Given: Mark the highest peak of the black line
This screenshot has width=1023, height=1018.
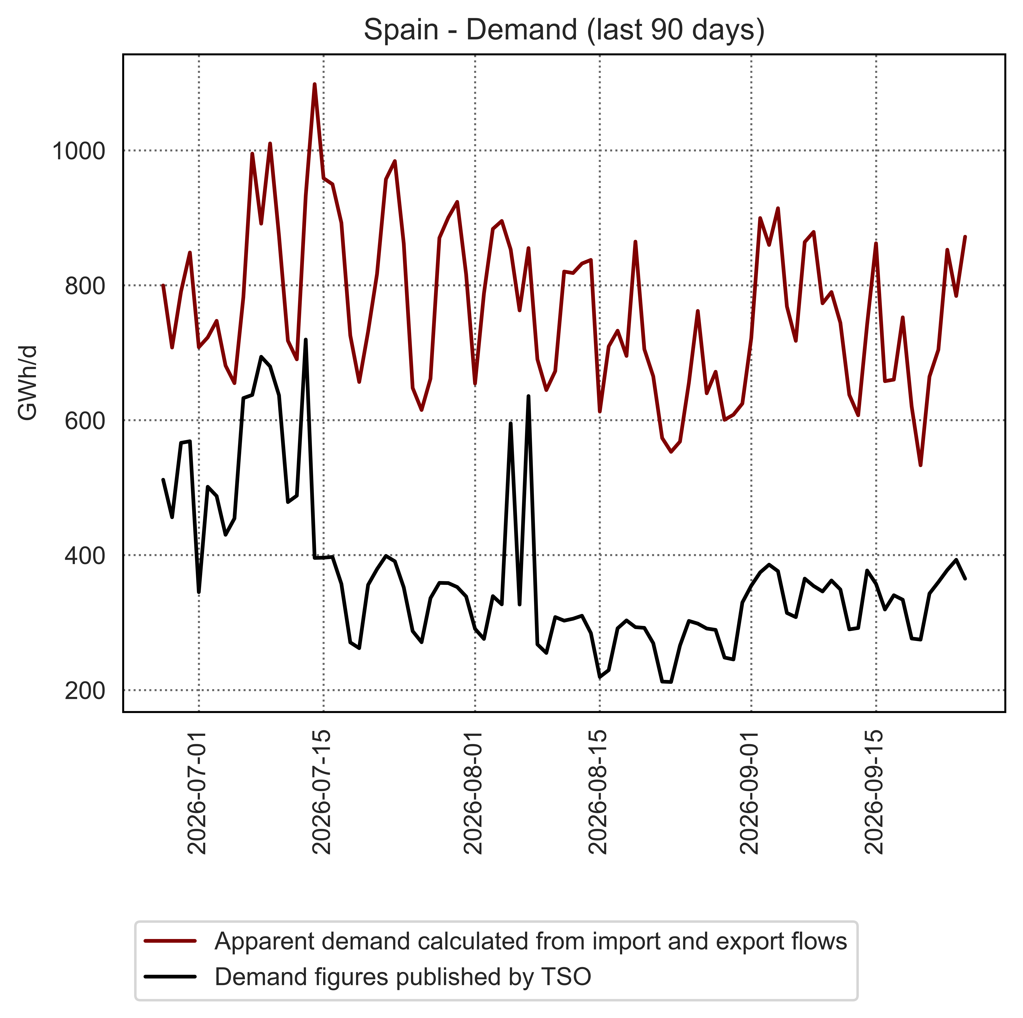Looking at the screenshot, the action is coord(306,340).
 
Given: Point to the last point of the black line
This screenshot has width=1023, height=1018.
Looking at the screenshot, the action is coord(965,579).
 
